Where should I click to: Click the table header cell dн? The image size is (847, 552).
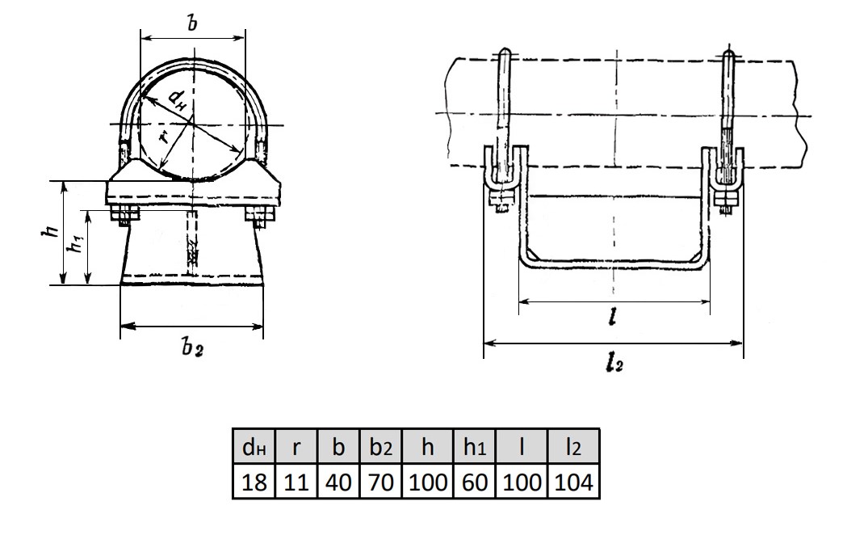click(254, 446)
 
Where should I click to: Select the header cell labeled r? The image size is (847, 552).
click(296, 446)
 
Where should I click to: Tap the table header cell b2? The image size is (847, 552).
click(381, 446)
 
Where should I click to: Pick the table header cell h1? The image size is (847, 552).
click(474, 446)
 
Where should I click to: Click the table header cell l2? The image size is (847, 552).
click(573, 446)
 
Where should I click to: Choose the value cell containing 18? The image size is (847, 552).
click(254, 481)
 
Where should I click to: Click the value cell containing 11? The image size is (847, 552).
click(296, 481)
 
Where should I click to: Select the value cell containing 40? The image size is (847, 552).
click(338, 481)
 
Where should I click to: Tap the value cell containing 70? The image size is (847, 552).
click(381, 481)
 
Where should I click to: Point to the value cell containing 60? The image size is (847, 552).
click(474, 481)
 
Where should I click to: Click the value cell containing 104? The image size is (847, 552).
click(573, 481)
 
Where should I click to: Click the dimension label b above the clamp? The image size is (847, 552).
click(191, 23)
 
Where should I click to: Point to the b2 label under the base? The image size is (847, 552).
click(191, 348)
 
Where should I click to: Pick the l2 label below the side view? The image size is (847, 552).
click(614, 364)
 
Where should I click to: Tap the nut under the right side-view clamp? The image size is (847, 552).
click(726, 200)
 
